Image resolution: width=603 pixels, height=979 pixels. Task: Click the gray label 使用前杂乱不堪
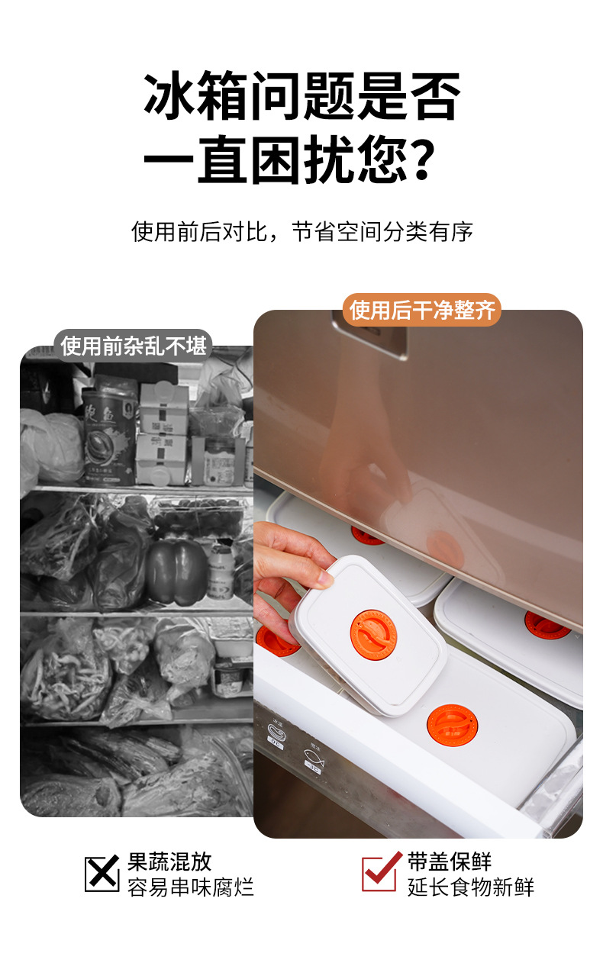[133, 346]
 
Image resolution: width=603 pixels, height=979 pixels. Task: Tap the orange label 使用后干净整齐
[421, 310]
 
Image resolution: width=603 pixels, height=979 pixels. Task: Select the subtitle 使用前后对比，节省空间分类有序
[301, 232]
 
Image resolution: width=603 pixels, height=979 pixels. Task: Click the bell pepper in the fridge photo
[176, 572]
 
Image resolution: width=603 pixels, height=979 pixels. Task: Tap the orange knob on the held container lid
[373, 635]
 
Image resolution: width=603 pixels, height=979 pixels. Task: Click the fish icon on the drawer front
[314, 757]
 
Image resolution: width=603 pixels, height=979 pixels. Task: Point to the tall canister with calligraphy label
[108, 437]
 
